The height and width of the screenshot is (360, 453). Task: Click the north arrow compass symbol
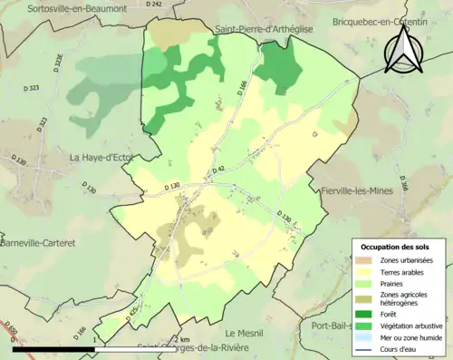tap(403, 49)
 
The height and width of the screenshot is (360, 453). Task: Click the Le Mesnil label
tap(242, 333)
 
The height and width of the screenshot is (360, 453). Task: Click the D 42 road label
tap(217, 170)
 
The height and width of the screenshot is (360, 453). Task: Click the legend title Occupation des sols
tap(395, 247)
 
